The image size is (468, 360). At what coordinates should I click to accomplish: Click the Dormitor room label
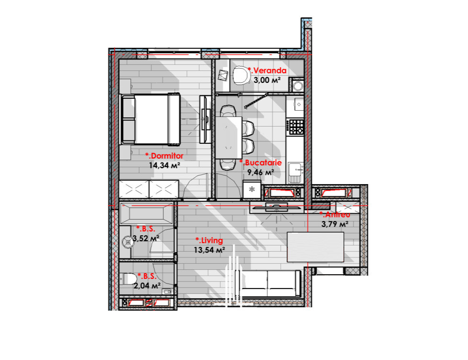(164, 156)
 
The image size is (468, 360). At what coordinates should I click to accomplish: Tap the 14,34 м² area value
(164, 165)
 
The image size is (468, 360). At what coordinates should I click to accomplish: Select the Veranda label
(267, 70)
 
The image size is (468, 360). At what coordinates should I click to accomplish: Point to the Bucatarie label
(261, 163)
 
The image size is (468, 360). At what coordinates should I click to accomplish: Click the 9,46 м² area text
(261, 173)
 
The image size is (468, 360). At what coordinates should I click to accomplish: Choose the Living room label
(209, 241)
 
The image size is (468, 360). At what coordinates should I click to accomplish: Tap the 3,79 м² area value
(335, 224)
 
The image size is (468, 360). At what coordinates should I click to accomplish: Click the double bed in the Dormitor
(150, 119)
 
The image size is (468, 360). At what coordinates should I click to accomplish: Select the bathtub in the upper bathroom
(146, 213)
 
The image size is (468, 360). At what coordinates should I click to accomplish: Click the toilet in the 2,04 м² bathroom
(127, 279)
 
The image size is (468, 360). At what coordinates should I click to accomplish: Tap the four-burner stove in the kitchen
(296, 127)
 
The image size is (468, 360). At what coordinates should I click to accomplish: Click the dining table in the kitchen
(228, 138)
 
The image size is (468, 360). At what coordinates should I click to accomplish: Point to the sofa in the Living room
(268, 283)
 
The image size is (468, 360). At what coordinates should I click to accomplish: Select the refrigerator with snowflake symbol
(252, 189)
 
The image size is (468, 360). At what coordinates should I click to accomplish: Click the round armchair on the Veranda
(241, 75)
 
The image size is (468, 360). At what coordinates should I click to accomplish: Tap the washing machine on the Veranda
(297, 86)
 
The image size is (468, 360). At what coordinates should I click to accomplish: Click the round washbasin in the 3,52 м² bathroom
(128, 242)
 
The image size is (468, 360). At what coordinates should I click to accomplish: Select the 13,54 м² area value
(209, 250)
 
